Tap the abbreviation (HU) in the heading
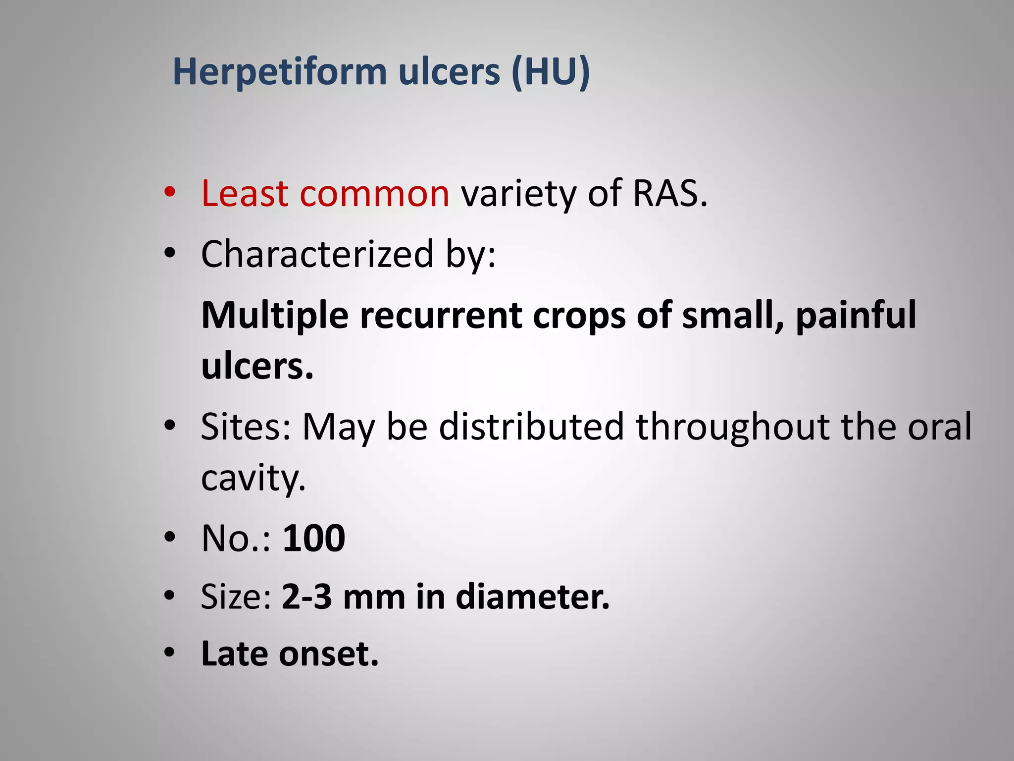point(551,72)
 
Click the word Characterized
point(317,254)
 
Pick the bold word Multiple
point(275,316)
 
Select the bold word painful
point(856,316)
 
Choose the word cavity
point(253,478)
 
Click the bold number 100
point(313,538)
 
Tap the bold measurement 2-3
point(306,597)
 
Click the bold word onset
point(328,654)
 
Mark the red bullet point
point(170,193)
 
